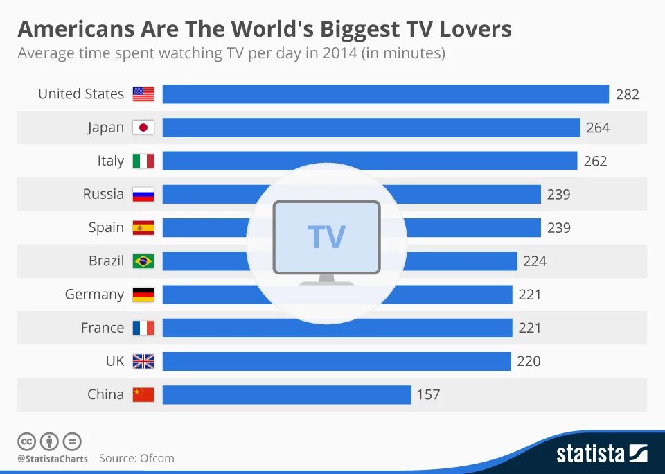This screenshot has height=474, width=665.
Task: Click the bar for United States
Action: (385, 94)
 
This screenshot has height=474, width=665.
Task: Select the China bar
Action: (287, 394)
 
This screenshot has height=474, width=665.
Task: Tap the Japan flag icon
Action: (143, 128)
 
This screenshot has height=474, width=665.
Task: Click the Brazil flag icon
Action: (143, 261)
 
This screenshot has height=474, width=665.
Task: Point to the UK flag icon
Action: (143, 361)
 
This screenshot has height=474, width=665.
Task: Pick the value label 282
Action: (628, 94)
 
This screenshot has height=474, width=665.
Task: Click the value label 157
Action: (428, 394)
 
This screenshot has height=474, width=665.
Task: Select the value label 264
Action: (598, 128)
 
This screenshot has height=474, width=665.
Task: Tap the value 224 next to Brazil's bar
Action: (535, 261)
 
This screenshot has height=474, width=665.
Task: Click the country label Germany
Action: (94, 295)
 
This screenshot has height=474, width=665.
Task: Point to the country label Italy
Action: (111, 161)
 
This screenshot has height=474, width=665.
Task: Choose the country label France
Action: (103, 328)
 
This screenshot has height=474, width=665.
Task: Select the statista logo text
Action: (590, 454)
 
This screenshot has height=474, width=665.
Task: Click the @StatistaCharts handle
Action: (53, 459)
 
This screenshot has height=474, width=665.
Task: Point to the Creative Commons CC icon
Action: (26, 441)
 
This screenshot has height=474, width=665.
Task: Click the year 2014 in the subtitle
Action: (339, 53)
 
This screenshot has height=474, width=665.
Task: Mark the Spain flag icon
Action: (143, 228)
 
